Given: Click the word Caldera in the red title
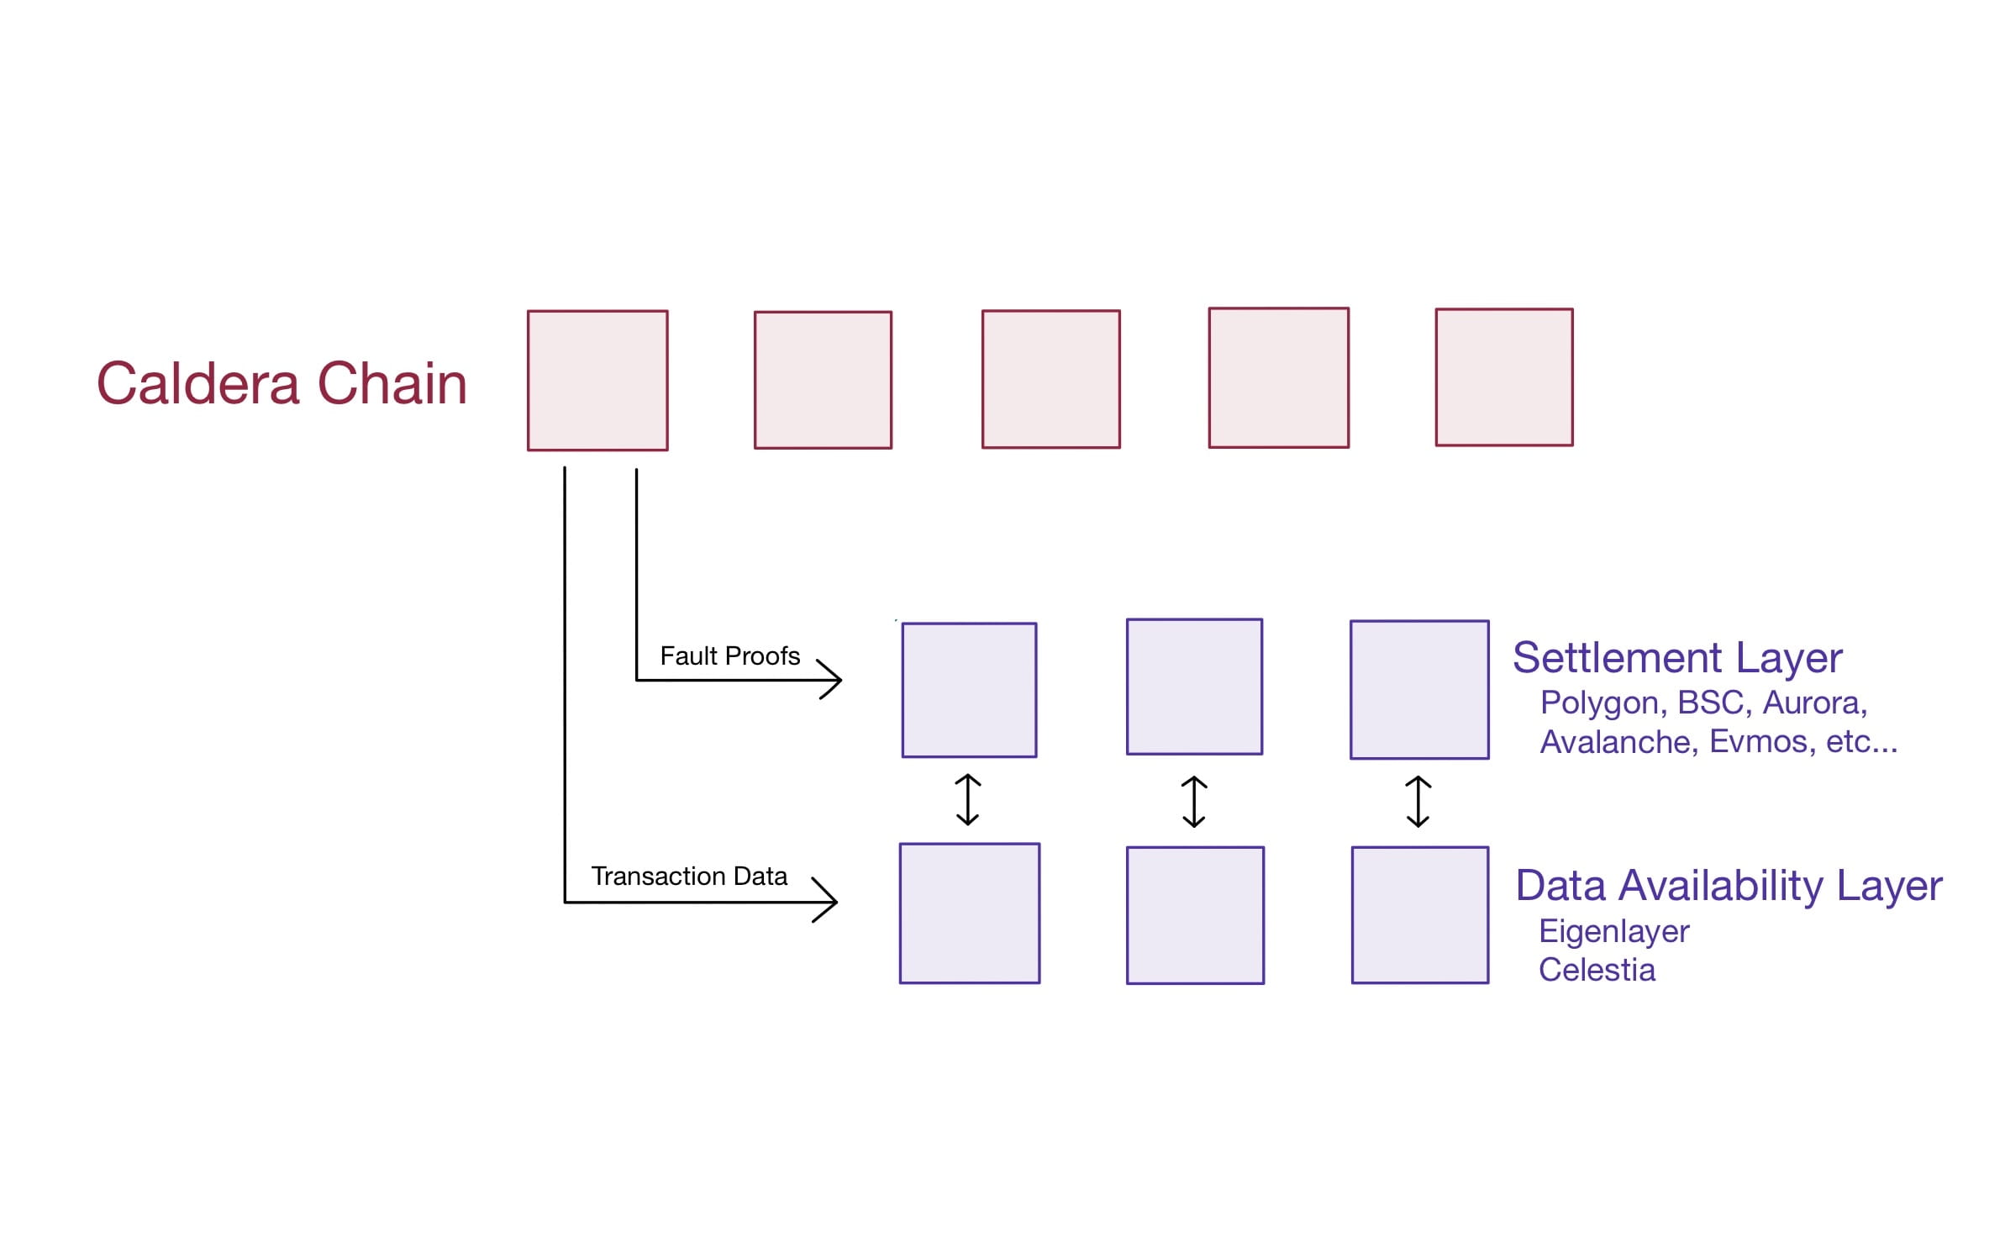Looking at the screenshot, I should click(198, 383).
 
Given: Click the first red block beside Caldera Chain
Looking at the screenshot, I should click(597, 381).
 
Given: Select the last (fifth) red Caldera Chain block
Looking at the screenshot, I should click(1503, 377).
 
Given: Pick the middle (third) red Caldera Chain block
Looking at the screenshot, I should click(1050, 379).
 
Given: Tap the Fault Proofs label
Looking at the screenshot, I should click(729, 655).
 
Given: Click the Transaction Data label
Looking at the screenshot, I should click(689, 877).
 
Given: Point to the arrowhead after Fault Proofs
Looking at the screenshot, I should click(832, 679).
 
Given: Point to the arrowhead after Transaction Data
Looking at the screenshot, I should click(828, 901).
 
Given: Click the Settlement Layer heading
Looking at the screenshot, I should click(1676, 658).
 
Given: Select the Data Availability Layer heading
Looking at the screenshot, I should click(1729, 886).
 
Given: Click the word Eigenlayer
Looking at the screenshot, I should click(1613, 931).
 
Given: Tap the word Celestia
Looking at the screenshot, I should click(1597, 970).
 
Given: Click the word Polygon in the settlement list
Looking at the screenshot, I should click(1602, 703).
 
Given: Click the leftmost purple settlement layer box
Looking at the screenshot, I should click(969, 690).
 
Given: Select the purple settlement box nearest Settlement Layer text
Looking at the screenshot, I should click(1419, 690).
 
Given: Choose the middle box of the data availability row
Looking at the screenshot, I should click(1195, 915).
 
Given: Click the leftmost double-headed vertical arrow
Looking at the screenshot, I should click(968, 800).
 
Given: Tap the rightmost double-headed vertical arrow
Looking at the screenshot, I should click(1418, 802).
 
